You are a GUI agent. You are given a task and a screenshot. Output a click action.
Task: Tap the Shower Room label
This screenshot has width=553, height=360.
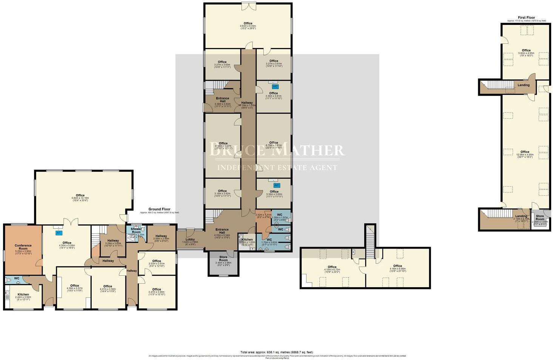136,230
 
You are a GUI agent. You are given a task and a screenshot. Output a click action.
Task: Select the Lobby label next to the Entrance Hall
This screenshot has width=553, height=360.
190,239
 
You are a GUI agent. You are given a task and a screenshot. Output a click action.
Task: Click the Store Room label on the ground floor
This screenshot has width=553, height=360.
223,259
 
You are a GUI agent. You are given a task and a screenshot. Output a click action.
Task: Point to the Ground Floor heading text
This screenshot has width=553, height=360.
159,209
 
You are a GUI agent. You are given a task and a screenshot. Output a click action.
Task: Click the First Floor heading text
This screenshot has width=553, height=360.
526,17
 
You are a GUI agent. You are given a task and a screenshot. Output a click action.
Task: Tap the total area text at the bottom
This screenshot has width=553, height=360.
276,352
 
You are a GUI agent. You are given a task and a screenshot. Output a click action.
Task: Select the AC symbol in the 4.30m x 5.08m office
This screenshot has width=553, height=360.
59,233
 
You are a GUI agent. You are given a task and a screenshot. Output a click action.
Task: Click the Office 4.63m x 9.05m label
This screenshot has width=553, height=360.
248,24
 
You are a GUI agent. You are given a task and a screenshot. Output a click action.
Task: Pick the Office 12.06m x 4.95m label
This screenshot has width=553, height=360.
525,152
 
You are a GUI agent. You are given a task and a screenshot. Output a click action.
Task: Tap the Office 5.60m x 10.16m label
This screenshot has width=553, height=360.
80,196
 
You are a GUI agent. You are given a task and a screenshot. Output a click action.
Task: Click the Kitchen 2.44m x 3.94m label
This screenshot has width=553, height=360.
23,295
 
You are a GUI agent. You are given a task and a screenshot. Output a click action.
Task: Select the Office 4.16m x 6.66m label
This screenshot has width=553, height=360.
397,266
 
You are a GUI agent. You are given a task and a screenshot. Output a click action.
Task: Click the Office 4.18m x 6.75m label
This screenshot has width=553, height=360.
332,267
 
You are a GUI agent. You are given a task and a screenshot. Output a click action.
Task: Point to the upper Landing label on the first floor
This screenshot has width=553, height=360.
523,85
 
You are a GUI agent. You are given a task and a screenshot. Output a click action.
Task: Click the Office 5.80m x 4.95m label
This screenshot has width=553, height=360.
526,51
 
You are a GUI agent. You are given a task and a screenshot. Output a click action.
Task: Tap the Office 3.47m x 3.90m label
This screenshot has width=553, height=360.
156,290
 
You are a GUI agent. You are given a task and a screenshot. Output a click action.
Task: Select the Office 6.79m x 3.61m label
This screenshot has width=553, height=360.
274,143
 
